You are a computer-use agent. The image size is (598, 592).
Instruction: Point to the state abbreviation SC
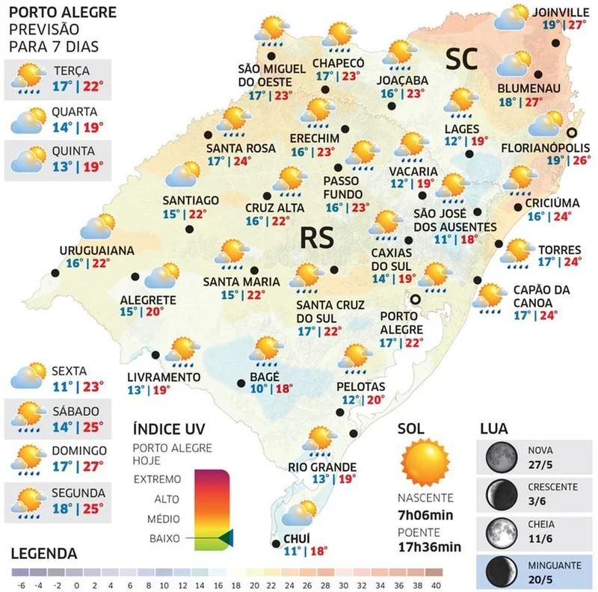point(462,61)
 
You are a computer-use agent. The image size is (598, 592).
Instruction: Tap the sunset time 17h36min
point(429,546)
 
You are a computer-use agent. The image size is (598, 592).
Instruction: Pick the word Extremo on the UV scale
point(157,479)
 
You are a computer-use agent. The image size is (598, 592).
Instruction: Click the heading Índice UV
point(168,430)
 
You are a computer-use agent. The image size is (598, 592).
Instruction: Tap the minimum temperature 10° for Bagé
point(259,389)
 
